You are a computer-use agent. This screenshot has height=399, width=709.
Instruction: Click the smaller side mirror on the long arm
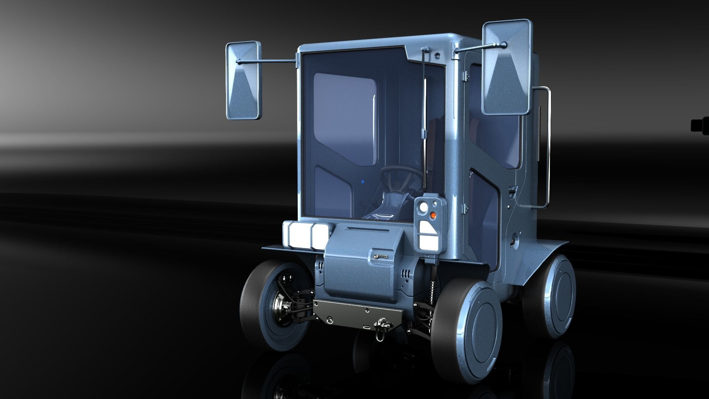point(243,81)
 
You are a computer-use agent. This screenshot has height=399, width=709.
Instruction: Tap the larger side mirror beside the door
point(507,68)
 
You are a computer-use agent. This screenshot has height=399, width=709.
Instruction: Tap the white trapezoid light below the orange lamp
point(429,236)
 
